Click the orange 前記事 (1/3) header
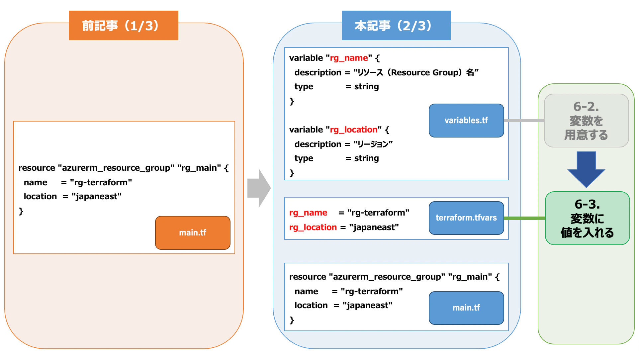coord(124,26)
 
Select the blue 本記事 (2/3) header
coord(396,26)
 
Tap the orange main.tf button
coord(193,232)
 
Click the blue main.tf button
coord(466,308)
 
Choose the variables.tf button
coord(466,120)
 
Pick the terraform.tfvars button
coord(466,218)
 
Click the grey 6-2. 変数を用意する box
coord(586,120)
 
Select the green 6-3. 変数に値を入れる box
coord(587,218)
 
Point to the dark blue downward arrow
coord(586,169)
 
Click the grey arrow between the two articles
coord(259,188)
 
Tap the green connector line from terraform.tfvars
coord(524,218)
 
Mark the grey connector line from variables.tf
coord(524,121)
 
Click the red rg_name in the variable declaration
coord(349,58)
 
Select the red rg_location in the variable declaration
coord(353,130)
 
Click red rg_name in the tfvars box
coord(308,213)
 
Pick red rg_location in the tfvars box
coord(313,227)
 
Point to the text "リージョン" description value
coord(373,144)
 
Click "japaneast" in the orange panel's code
coord(96,197)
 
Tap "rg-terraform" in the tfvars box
coord(378,213)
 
